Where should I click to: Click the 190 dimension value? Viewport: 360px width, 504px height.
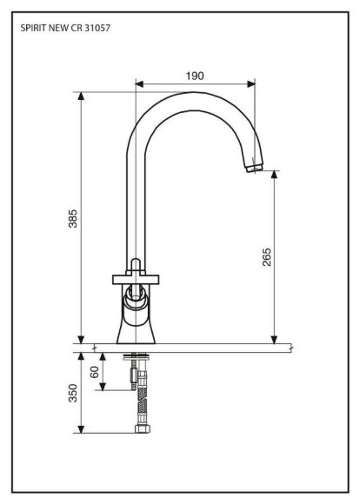[x=195, y=76]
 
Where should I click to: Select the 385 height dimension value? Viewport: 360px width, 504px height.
[x=73, y=219]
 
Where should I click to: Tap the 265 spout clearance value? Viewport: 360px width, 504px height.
[x=267, y=257]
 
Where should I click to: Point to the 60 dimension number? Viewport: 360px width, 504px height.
[x=95, y=372]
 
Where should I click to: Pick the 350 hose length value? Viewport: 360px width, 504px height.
[x=73, y=393]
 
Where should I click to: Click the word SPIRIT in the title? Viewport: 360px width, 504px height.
[x=33, y=28]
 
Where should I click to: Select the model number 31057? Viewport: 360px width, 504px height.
[x=97, y=28]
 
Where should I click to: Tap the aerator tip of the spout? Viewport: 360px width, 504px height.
[x=255, y=168]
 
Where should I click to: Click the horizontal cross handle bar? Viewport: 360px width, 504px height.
[x=136, y=279]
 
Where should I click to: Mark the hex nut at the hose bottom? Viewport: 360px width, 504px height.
[x=143, y=428]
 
